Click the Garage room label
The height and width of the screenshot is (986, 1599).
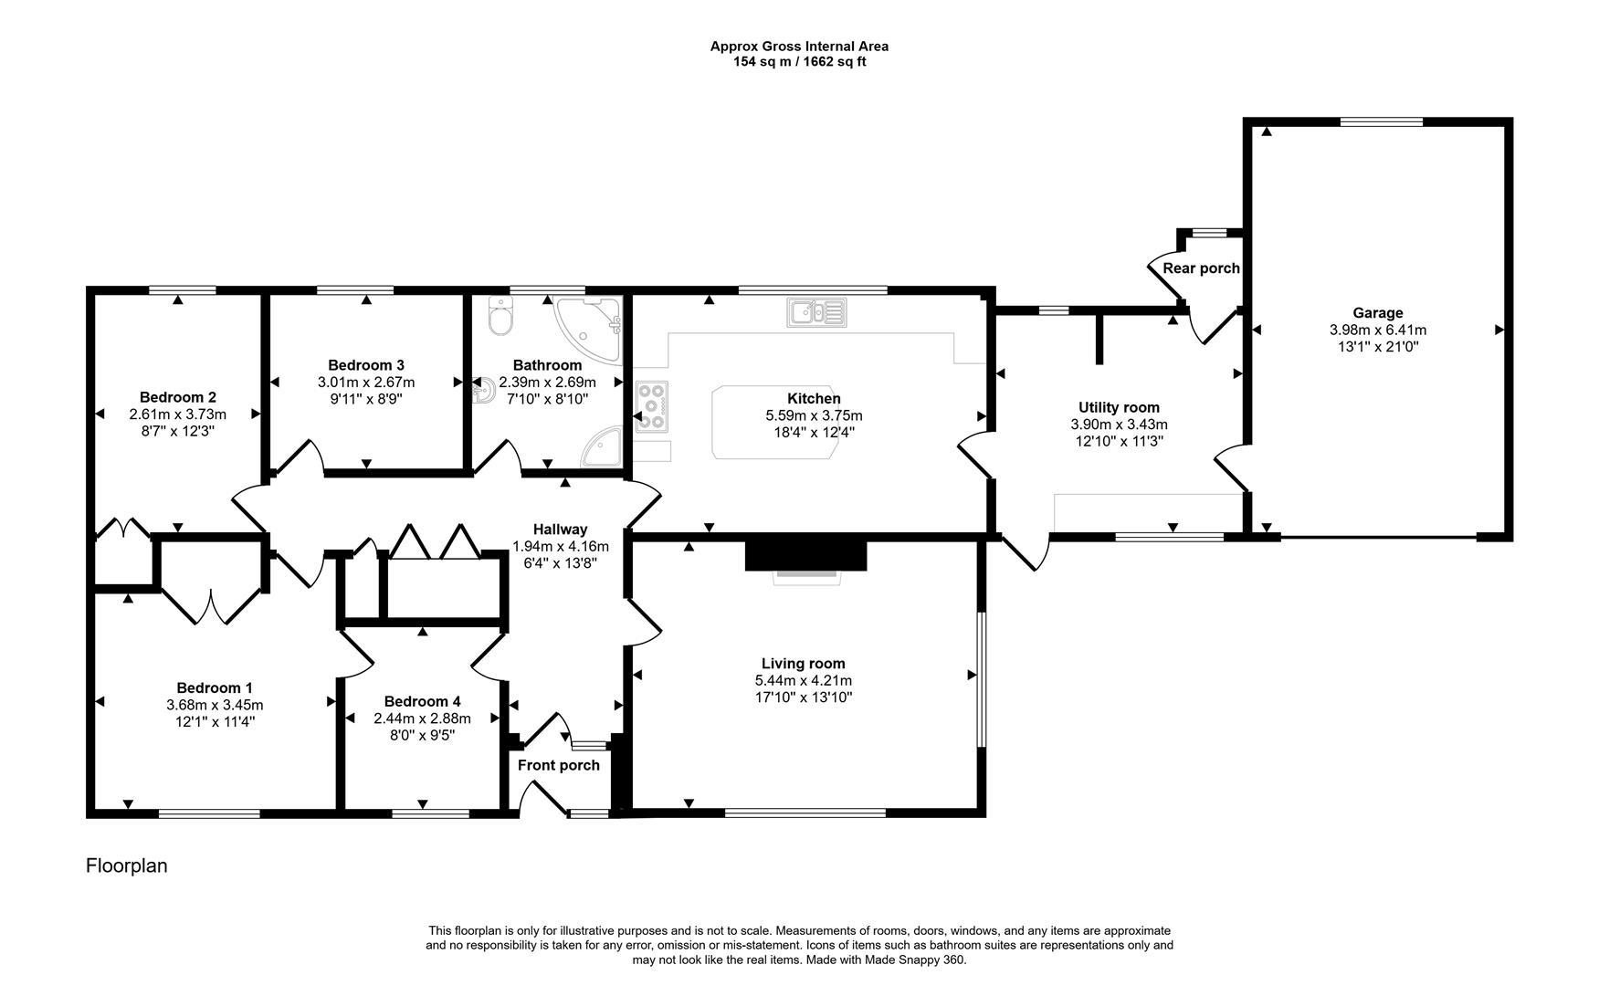tap(1377, 313)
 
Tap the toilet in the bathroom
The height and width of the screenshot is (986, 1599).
tap(501, 316)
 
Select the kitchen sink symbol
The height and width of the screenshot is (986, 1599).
tap(816, 312)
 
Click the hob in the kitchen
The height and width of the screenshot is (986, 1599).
tap(652, 405)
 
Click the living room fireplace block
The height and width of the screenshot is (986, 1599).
tap(805, 555)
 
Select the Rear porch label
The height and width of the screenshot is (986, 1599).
tap(1201, 268)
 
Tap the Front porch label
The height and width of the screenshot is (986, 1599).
tap(558, 765)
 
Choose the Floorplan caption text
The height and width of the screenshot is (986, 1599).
tap(126, 865)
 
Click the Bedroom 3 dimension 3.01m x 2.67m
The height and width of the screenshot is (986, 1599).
tap(365, 382)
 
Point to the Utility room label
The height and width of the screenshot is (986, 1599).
tap(1119, 408)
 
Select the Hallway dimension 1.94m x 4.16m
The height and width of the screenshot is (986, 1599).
tap(560, 546)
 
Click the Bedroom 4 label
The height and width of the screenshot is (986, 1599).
tap(422, 701)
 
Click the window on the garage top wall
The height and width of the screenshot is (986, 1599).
tap(1381, 121)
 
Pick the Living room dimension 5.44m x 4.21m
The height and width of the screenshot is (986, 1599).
tap(803, 681)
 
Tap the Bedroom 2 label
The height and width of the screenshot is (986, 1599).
tap(177, 397)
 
